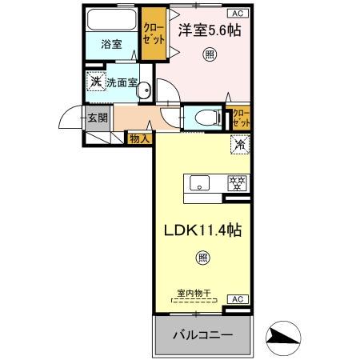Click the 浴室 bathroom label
(111, 45)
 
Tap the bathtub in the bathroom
(112, 20)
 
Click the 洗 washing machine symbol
(96, 82)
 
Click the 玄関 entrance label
(98, 118)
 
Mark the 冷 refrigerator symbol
(238, 144)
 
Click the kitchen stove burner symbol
(237, 182)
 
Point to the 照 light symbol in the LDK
(202, 258)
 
